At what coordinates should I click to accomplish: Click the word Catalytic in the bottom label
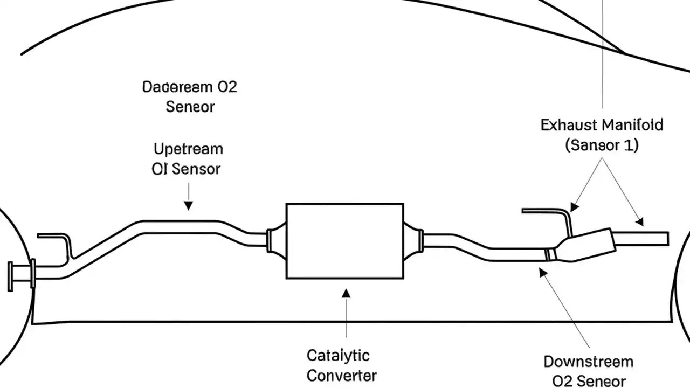click(x=338, y=356)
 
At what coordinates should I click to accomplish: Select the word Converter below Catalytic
click(x=341, y=375)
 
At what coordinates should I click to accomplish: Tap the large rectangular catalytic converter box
click(x=344, y=241)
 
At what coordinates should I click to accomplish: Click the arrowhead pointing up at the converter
click(x=346, y=293)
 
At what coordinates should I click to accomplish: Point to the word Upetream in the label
click(x=188, y=149)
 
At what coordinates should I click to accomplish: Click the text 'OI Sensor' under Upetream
click(x=186, y=169)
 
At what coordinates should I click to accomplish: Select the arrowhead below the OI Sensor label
click(x=188, y=205)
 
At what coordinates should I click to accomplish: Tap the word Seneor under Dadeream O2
click(x=190, y=107)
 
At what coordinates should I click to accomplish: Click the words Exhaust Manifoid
click(x=602, y=126)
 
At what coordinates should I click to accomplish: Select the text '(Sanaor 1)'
click(x=602, y=145)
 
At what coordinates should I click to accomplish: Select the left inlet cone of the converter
click(x=276, y=239)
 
